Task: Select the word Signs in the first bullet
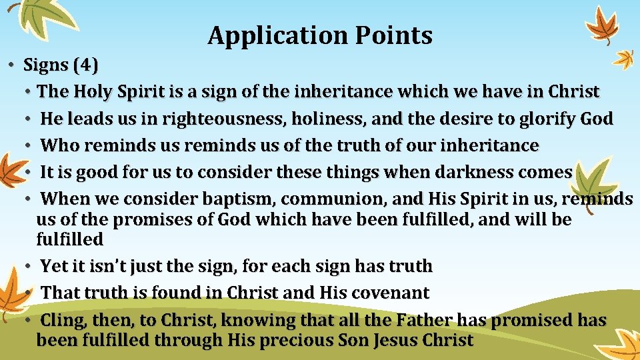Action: point(46,65)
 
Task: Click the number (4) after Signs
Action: point(85,65)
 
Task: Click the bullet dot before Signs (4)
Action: point(12,66)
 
